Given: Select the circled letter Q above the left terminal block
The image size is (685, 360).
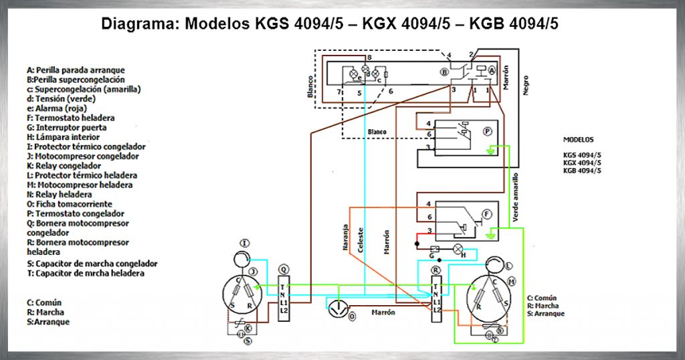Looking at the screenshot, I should (x=284, y=269).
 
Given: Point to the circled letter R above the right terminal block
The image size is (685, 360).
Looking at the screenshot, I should (x=436, y=269).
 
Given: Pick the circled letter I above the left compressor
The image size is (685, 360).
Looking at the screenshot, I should (x=246, y=242).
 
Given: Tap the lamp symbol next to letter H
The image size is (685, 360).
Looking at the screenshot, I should (x=458, y=249).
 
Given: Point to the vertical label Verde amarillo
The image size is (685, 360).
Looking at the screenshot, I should (x=515, y=197).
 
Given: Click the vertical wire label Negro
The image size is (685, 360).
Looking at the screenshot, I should (x=525, y=85).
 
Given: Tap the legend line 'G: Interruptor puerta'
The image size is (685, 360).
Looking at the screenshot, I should (x=66, y=127).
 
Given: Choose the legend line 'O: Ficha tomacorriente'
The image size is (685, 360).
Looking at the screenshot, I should (x=70, y=204).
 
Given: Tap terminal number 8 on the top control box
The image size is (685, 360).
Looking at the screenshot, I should (x=369, y=58).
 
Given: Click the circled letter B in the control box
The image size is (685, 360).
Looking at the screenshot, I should (x=444, y=71).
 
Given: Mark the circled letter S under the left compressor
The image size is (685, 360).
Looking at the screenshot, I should (x=248, y=341).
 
